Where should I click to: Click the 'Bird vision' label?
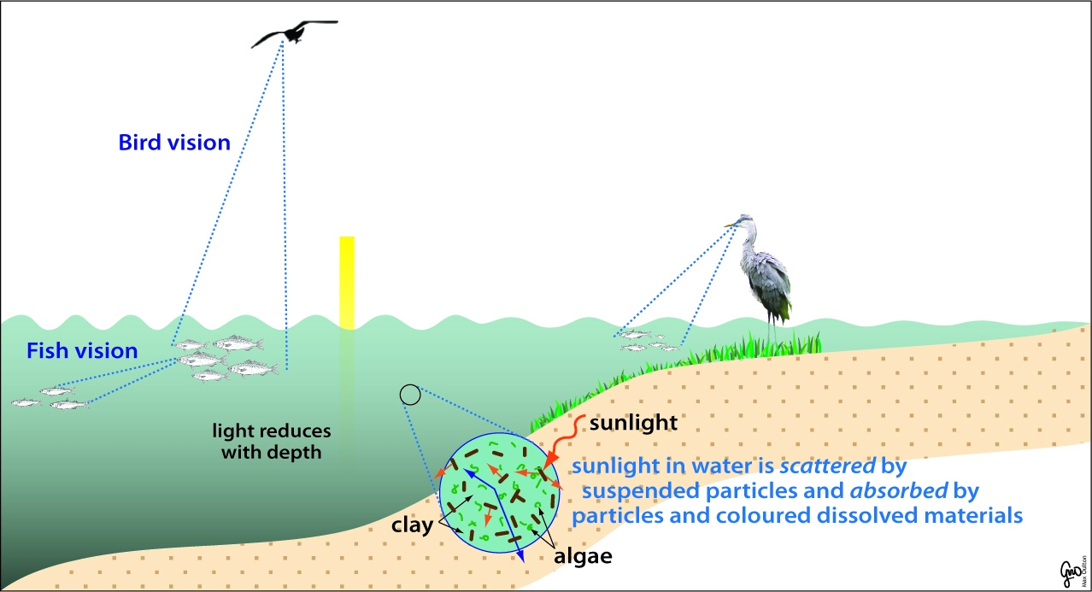pyautogui.click(x=174, y=143)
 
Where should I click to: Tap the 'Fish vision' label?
pyautogui.click(x=82, y=350)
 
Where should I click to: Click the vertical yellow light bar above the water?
pyautogui.click(x=347, y=282)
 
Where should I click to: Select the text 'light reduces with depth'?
pyautogui.click(x=272, y=441)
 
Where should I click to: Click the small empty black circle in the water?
pyautogui.click(x=410, y=394)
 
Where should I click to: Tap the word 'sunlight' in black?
pyautogui.click(x=634, y=422)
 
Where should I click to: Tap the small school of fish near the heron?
pyautogui.click(x=646, y=342)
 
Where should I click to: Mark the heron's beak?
pyautogui.click(x=731, y=225)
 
